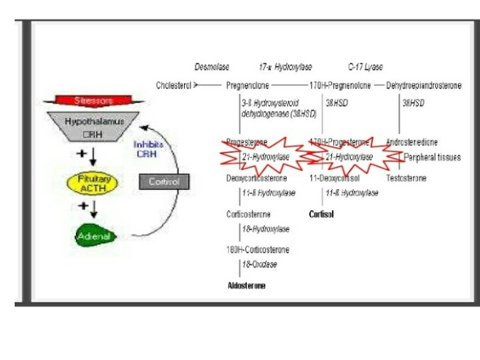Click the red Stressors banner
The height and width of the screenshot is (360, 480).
93,101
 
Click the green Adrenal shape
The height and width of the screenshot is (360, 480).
93,236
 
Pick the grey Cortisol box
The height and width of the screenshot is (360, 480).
164,181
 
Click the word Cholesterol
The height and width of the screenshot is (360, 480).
174,85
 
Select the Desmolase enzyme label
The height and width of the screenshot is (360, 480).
212,67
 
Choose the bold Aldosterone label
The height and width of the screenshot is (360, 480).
247,285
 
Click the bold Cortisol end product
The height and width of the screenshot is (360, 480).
321,215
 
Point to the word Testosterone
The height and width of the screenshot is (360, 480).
406,179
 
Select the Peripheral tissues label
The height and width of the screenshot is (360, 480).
432,157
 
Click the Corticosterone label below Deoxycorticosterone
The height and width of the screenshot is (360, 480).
249,215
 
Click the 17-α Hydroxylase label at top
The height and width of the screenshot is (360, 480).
285,67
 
